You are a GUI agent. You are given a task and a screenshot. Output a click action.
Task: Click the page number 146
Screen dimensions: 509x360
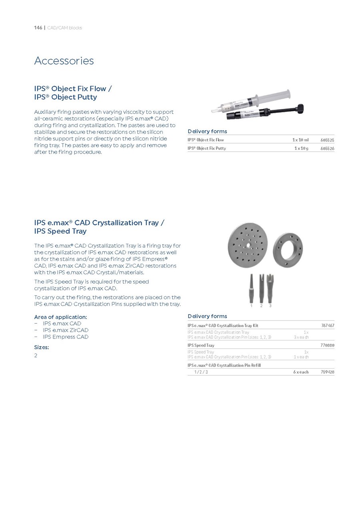point(38,28)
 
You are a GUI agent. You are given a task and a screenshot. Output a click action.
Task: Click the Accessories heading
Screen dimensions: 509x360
point(64,61)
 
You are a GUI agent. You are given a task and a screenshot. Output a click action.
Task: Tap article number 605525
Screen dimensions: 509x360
point(327,140)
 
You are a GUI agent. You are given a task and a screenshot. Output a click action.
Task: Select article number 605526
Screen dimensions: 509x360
point(327,148)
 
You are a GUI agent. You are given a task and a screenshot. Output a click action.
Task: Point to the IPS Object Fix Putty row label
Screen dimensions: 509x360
point(207,148)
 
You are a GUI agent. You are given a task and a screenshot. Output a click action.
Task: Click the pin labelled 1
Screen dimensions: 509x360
point(251,288)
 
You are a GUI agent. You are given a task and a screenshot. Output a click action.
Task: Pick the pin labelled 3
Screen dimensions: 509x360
point(270,288)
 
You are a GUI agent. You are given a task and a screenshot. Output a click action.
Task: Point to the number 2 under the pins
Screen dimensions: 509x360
point(261,306)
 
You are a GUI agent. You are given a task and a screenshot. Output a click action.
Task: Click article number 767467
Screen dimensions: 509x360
point(327,326)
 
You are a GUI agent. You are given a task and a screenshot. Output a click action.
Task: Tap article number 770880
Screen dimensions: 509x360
point(327,345)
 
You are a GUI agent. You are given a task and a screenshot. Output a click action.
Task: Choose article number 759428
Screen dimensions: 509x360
point(327,372)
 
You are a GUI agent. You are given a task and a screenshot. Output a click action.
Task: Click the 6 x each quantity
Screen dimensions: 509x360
point(300,372)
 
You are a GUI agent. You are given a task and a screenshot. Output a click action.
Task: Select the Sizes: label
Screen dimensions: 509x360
point(42,347)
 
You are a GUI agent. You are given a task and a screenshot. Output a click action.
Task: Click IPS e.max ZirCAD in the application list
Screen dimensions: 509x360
point(66,330)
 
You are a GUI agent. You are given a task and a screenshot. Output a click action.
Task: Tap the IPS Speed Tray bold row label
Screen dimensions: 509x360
point(201,345)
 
